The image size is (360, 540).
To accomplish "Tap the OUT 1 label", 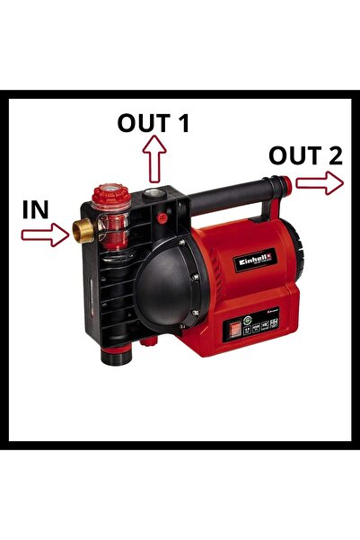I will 154,123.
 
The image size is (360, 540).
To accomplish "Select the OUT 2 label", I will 305,155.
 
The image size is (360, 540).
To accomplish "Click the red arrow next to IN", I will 45,235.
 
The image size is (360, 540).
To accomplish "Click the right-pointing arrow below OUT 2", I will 319,183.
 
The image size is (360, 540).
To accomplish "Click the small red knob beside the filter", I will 162,217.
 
